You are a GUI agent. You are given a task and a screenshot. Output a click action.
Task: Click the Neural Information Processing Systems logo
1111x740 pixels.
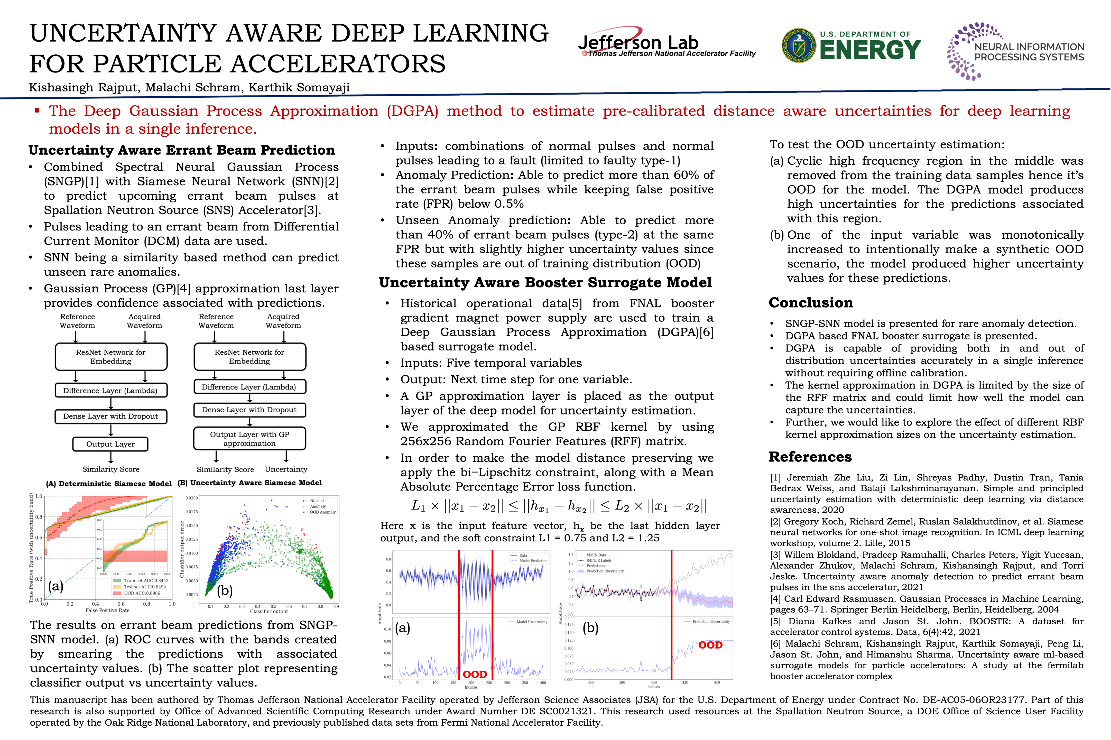(x=1015, y=51)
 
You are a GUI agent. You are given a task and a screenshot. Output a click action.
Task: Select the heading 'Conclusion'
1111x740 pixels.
(x=811, y=302)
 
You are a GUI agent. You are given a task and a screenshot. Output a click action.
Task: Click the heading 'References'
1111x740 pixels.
(x=810, y=457)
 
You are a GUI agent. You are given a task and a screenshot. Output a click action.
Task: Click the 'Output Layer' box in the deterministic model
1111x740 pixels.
(x=110, y=444)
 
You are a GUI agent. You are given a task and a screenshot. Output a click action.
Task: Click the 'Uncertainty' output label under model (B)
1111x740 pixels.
(x=286, y=469)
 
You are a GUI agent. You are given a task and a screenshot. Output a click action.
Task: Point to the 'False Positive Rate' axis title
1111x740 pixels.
(x=108, y=610)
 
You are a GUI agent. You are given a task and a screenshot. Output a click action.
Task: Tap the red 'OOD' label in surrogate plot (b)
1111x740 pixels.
(x=710, y=645)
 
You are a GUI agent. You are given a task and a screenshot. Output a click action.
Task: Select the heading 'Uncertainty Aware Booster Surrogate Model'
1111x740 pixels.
(x=545, y=283)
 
